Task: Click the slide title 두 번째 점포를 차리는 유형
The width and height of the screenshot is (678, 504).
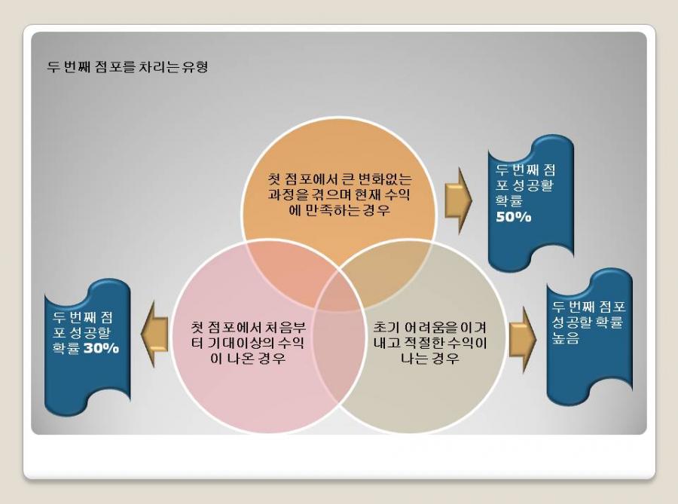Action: pos(128,67)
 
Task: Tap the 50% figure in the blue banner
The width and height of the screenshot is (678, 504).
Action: pos(514,217)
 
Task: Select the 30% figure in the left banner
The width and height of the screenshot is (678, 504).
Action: pos(101,348)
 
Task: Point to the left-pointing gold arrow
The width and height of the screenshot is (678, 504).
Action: pos(154,334)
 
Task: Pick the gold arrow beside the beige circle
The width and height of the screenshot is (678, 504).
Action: pos(522,339)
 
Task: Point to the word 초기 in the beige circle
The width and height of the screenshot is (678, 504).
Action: pos(382,327)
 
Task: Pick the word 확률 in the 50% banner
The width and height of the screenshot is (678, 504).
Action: pos(509,201)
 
